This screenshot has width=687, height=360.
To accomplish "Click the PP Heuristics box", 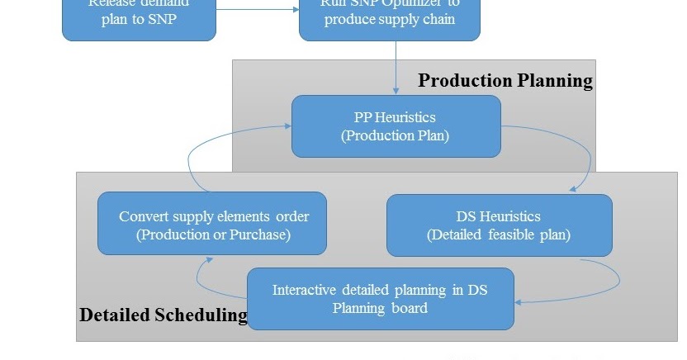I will coord(396,126).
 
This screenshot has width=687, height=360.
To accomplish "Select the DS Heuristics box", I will coord(499,225).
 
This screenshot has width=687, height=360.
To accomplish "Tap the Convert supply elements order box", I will coord(212,224).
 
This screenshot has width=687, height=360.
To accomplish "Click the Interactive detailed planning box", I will coord(381,298).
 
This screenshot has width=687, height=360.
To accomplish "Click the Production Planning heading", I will coord(505,80).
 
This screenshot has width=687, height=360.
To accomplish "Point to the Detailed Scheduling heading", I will coord(163,315).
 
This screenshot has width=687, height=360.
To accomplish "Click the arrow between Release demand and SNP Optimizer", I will coord(258,9).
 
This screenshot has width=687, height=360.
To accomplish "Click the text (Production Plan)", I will coord(396,135).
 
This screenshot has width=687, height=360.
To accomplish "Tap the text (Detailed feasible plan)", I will coord(499,234).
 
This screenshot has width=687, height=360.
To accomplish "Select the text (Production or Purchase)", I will coord(213,234).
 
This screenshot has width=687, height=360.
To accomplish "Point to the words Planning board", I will coord(380,308).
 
